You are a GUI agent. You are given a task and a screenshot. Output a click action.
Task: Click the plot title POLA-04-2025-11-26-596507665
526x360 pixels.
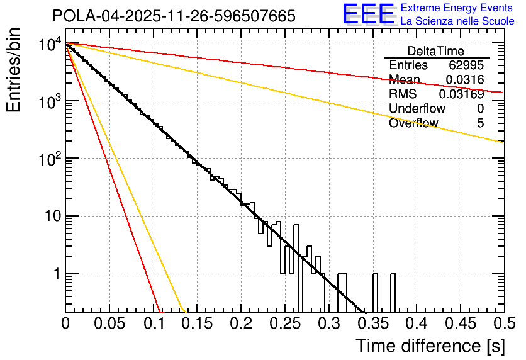pos(174,16)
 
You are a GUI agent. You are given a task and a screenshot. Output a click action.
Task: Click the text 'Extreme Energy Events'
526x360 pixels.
pos(457,8)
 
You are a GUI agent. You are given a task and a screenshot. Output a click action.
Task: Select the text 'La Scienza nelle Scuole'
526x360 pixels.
pos(457,21)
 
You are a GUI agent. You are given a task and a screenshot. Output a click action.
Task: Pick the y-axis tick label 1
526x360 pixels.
pos(55,274)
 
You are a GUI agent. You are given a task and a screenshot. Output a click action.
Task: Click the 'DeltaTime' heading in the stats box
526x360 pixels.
pos(436,51)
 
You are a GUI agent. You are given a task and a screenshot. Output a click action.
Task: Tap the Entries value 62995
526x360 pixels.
pos(466,65)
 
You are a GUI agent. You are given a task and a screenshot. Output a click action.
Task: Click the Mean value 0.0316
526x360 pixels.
pos(464,80)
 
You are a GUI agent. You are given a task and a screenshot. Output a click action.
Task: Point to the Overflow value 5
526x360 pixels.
pos(480,123)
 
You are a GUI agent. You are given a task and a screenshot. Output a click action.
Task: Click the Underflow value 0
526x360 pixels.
pos(480,109)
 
